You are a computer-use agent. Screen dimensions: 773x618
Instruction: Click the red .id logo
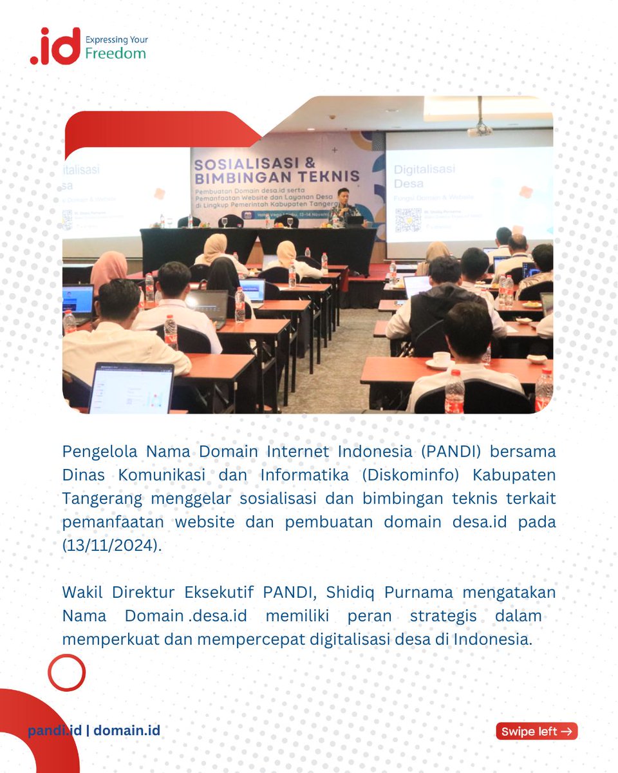(x=55, y=46)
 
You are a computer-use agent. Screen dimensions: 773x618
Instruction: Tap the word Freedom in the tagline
(x=115, y=53)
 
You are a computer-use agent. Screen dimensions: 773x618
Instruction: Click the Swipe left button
(x=536, y=731)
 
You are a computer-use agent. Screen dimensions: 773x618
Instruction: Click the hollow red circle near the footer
(x=66, y=673)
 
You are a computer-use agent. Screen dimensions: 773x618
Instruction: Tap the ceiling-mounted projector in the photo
(x=480, y=128)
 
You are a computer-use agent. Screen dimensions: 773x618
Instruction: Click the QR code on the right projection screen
(x=407, y=220)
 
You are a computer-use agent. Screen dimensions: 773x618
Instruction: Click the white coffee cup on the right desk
(x=441, y=358)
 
